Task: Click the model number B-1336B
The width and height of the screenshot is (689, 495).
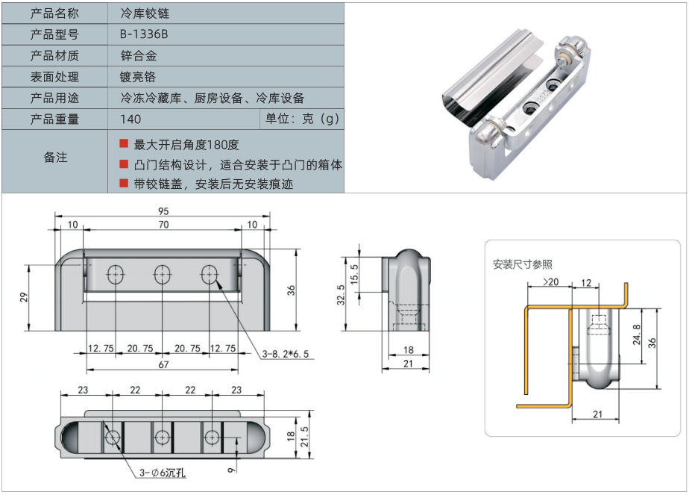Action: pos(144,34)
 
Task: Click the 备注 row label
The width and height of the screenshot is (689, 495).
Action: pos(55,158)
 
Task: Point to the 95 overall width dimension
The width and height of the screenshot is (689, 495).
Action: pos(163,211)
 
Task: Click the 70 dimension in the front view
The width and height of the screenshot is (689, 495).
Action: pos(163,225)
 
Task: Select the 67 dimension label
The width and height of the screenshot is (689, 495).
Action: pos(163,365)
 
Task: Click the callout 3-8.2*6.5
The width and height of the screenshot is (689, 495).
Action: pos(284,353)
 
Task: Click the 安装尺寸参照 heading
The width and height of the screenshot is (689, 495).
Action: pos(523,264)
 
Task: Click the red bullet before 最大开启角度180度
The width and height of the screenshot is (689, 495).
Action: pos(124,143)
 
